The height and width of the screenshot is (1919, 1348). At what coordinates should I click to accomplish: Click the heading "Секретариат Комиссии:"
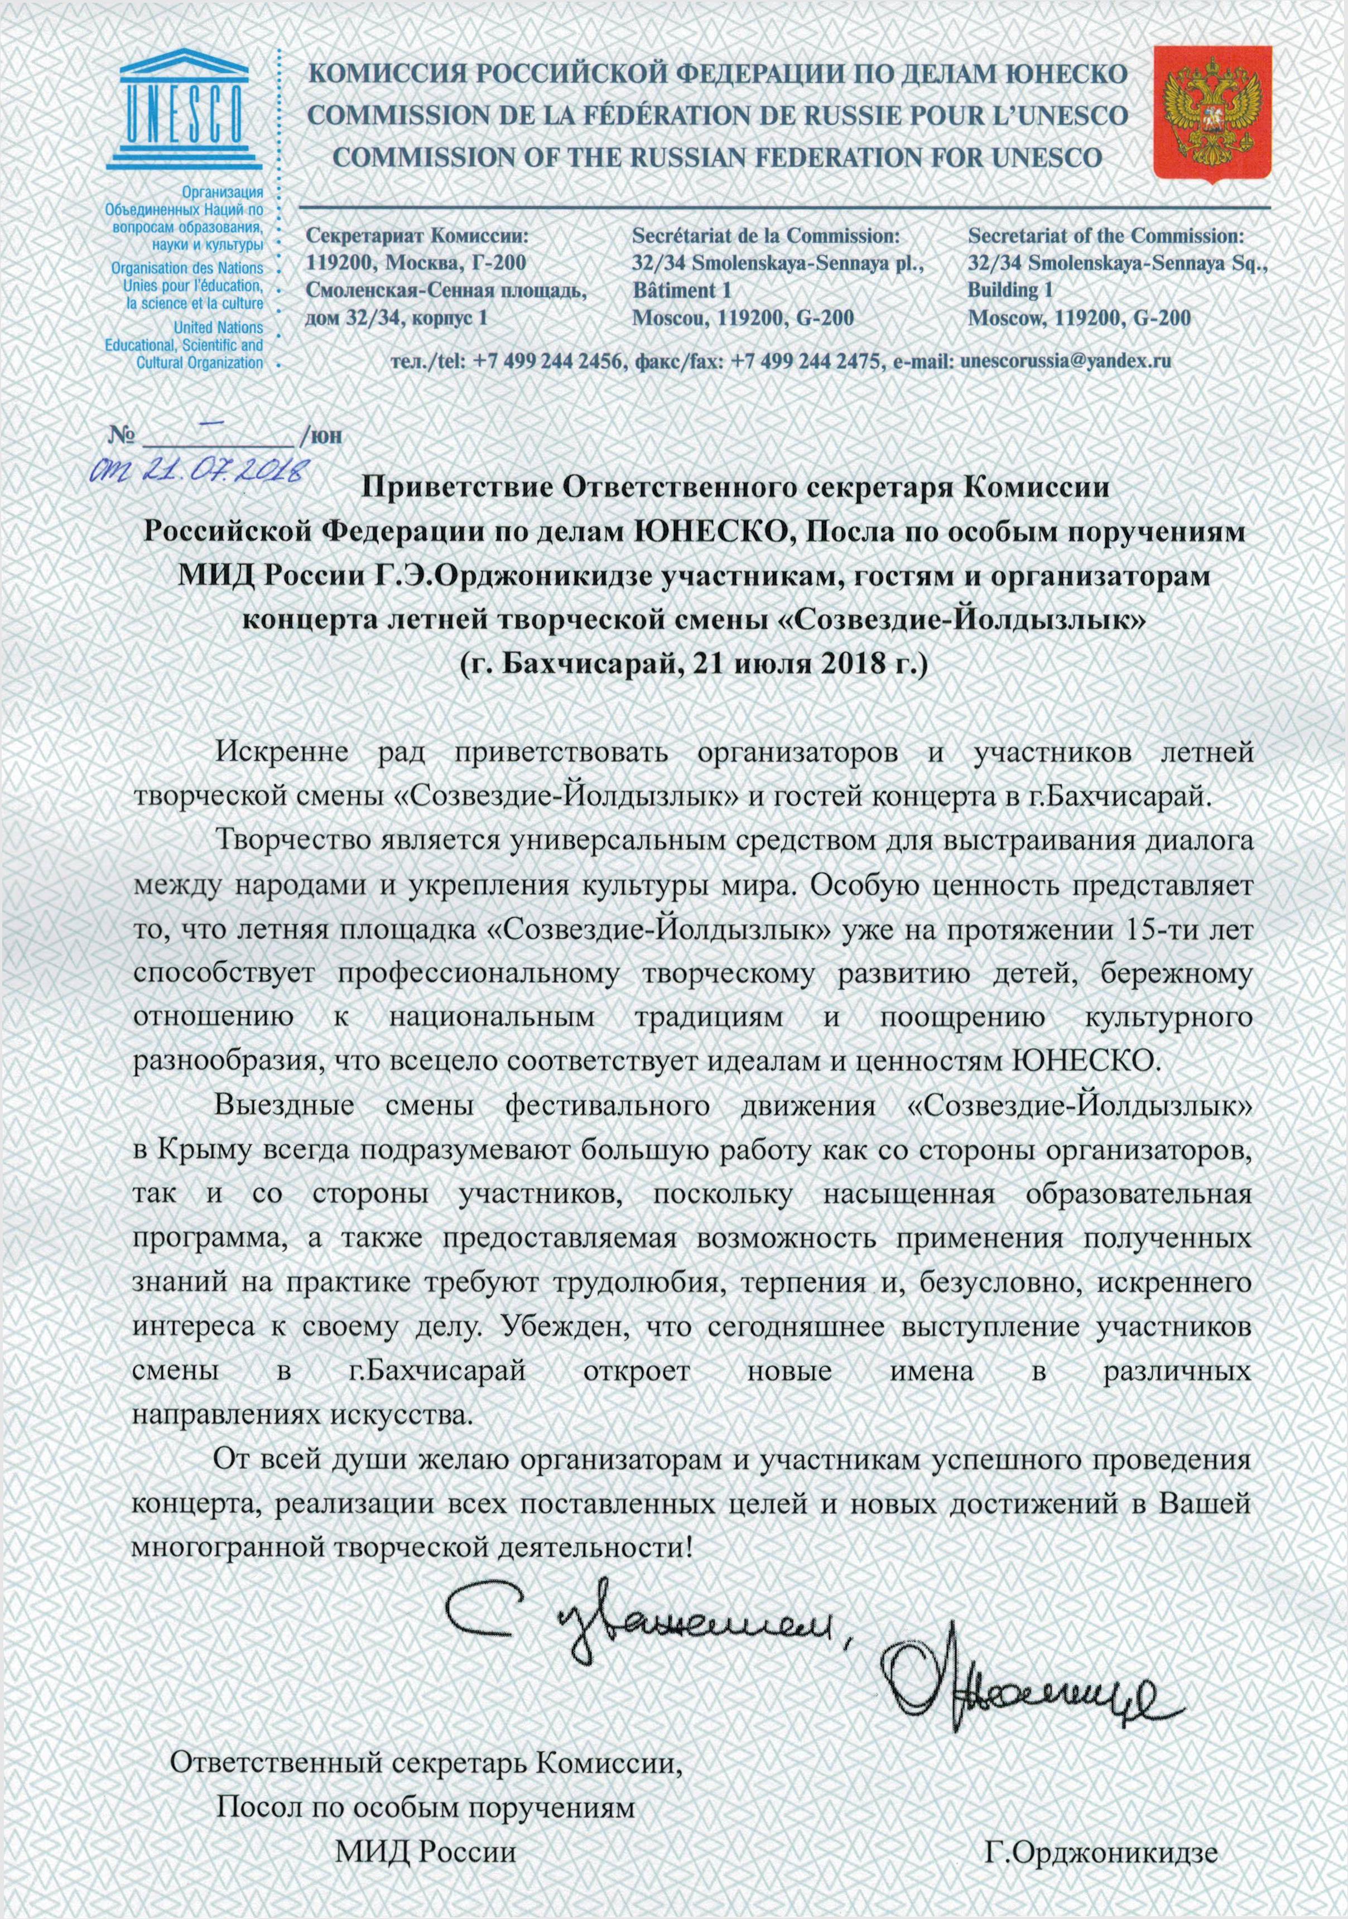[x=418, y=236]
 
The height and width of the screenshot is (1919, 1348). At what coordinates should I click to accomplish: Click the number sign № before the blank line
[x=121, y=436]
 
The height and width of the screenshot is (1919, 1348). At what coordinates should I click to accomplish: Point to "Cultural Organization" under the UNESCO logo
[x=200, y=363]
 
